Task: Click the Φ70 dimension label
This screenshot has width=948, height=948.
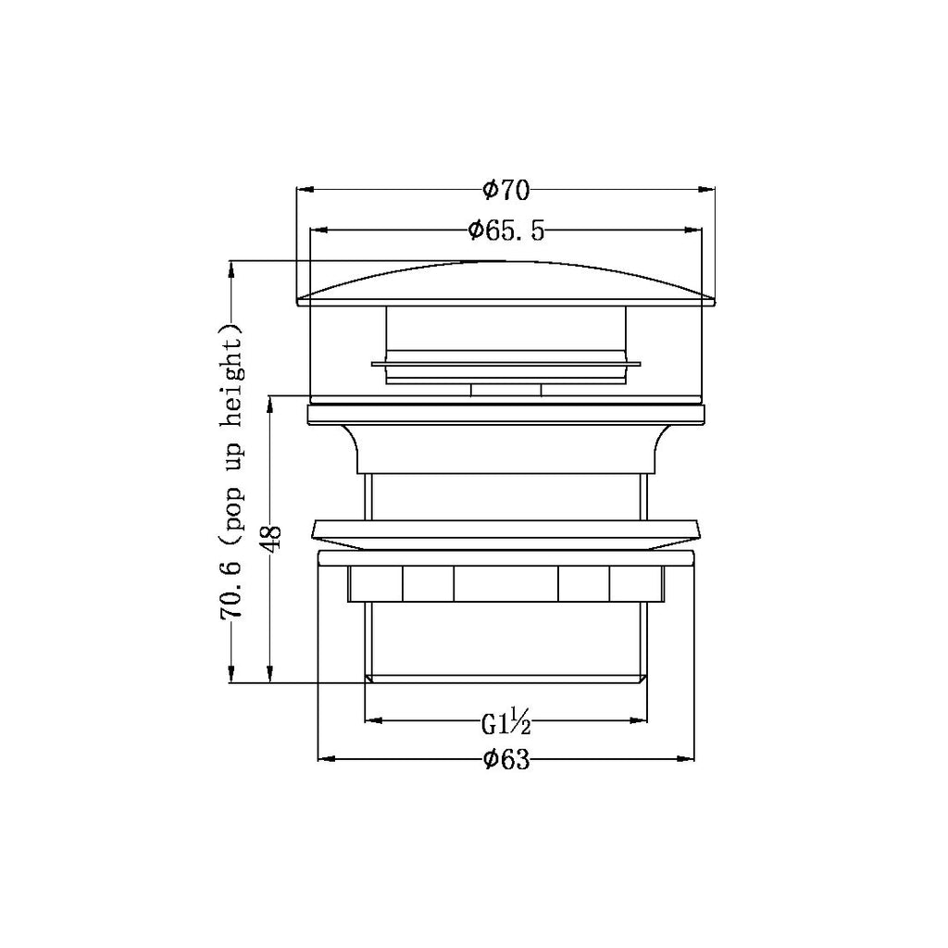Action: point(505,190)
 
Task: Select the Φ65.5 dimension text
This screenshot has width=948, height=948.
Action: point(505,230)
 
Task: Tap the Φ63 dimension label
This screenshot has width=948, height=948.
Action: point(505,760)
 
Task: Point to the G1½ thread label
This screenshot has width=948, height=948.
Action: point(505,720)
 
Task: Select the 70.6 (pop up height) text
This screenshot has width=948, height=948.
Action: point(231,472)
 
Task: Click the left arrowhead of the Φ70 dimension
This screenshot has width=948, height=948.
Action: point(304,190)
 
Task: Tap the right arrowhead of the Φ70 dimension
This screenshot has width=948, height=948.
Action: point(708,190)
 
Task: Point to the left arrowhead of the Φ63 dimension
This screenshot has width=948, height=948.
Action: point(325,760)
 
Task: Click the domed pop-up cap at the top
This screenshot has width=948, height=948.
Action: point(505,283)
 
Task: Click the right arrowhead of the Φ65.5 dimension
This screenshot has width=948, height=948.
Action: point(694,230)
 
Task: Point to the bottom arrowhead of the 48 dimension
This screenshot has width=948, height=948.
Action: point(269,676)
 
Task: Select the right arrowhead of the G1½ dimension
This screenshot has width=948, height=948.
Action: point(640,718)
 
